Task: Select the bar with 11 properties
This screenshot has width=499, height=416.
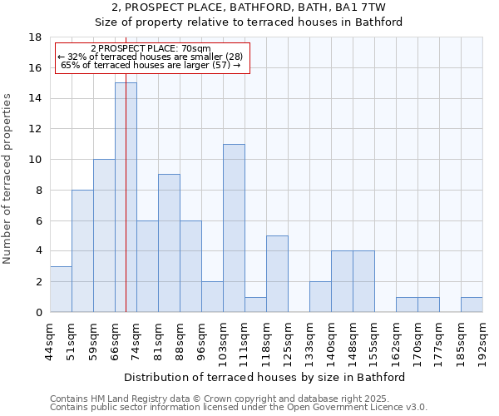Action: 234,228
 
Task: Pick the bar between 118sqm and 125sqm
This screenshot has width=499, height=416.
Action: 277,274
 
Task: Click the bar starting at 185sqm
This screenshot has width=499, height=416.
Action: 472,305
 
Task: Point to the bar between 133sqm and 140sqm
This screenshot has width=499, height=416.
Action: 320,296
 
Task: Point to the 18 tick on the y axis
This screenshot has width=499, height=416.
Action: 35,37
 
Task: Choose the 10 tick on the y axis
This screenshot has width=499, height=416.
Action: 35,160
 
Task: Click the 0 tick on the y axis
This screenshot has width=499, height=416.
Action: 38,313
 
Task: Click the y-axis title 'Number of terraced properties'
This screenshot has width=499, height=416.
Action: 8,179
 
